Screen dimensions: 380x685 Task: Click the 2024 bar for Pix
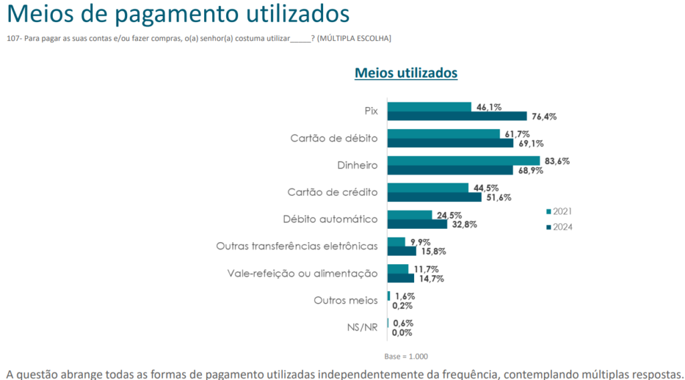[457, 116]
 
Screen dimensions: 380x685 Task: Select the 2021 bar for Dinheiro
[464, 161]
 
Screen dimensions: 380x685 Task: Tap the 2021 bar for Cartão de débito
[444, 134]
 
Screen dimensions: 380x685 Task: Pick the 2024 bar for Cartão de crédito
[434, 197]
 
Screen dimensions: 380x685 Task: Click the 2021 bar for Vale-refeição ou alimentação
[397, 269]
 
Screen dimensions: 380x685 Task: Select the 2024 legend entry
[559, 227]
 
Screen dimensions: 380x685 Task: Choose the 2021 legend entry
[559, 211]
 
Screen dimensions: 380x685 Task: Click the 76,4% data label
[544, 116]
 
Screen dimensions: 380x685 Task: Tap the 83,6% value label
[557, 161]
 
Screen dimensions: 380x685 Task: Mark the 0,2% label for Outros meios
[402, 306]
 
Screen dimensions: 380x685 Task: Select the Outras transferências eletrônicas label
[296, 246]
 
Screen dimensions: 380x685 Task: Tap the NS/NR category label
[362, 327]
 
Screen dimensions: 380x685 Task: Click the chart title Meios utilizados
[405, 73]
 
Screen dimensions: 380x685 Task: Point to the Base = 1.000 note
[406, 356]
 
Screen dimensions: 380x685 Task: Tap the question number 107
[13, 39]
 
